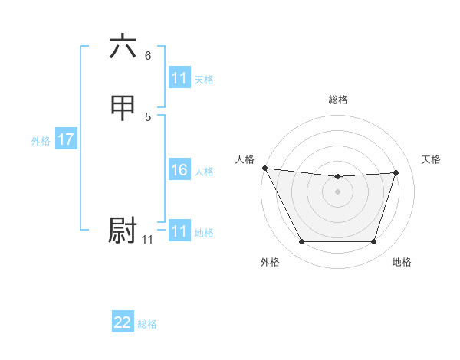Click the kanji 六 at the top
[123, 47]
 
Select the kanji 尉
[123, 231]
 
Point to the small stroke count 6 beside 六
[148, 56]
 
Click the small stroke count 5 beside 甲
[148, 117]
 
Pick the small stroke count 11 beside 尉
[147, 240]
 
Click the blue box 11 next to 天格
[179, 78]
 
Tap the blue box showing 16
[179, 170]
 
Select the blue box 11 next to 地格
[179, 231]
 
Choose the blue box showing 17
[66, 139]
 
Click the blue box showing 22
[123, 322]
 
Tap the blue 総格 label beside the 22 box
[147, 324]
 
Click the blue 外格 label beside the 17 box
[41, 141]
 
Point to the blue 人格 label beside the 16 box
[204, 172]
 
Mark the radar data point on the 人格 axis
[264, 168]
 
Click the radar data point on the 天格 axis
[396, 172]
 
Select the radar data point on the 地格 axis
[373, 242]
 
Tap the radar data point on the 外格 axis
[301, 242]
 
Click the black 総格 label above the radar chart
[337, 100]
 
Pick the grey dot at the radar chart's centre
[337, 191]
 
